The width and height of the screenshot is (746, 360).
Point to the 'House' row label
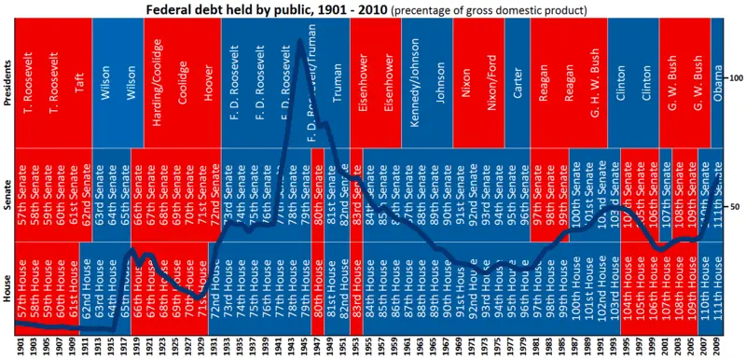tap(7, 284)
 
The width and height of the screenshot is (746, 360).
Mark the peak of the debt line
tap(299, 40)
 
